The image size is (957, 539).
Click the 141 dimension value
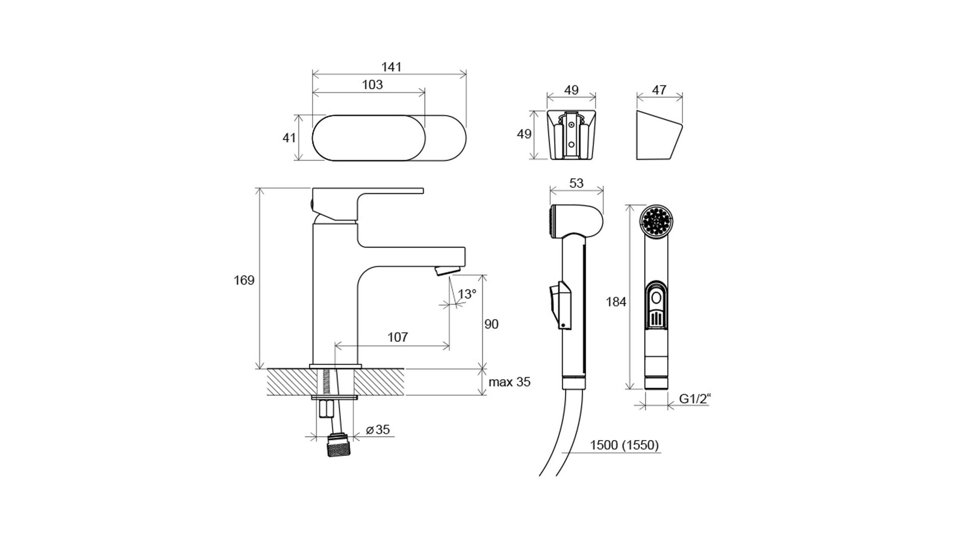391,67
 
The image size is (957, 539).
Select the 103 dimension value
372,85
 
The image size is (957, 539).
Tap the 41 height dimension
289,138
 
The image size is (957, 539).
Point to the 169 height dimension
244,280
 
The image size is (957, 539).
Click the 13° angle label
467,294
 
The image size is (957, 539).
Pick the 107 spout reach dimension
398,337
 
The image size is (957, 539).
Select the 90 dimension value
491,324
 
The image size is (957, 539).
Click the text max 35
509,382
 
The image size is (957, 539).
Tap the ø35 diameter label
378,430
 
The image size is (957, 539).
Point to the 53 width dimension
576,183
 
